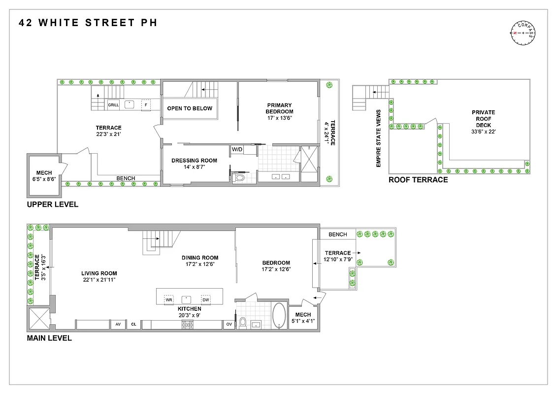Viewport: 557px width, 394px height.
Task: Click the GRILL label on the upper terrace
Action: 113,105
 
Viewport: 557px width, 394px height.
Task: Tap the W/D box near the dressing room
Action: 237,149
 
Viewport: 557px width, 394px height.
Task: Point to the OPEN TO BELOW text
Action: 190,108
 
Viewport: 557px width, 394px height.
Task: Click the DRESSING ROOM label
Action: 194,161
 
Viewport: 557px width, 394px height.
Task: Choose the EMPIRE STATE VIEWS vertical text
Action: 378,138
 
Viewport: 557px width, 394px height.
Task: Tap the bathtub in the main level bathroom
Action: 279,315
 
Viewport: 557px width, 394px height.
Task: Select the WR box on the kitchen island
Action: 168,299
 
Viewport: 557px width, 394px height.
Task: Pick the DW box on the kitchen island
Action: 205,299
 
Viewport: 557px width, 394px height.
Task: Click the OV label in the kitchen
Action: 229,325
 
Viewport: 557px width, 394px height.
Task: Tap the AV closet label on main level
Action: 118,325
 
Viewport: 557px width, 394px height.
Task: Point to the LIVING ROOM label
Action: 99,273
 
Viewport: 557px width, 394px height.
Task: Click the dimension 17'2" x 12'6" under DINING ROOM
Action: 199,264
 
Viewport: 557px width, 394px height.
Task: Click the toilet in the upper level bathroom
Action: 240,178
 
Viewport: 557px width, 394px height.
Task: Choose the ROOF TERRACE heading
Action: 418,180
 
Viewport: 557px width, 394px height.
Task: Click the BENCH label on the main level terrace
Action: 337,234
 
